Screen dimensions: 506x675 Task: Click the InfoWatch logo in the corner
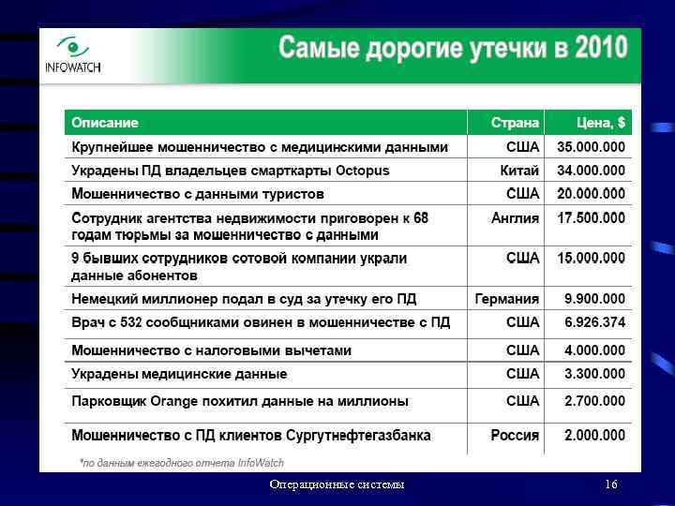tap(72, 54)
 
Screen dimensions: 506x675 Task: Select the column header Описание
tap(105, 123)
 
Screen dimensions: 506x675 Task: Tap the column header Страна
tap(515, 123)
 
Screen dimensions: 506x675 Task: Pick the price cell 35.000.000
tap(591, 147)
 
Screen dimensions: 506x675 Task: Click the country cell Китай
tap(519, 171)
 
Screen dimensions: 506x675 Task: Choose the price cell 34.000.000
tap(591, 171)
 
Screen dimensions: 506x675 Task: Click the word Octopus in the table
tap(363, 171)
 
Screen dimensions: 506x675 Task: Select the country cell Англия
tap(516, 217)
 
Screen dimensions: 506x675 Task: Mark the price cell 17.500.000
tap(591, 217)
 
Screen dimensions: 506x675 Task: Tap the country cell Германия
tap(507, 299)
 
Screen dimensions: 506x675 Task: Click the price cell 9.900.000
tap(594, 299)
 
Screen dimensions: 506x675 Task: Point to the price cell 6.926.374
tap(594, 322)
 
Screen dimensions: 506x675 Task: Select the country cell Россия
tap(515, 436)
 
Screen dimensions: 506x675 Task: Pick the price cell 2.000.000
tap(594, 436)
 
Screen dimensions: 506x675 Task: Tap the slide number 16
tap(611, 484)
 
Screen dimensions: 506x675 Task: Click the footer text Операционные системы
tap(337, 484)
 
